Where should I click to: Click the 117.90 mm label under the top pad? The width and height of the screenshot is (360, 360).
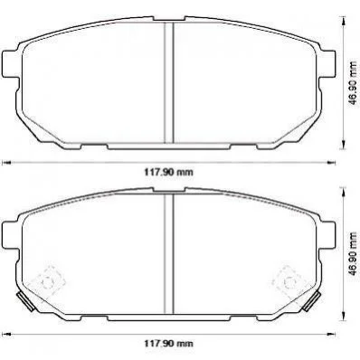[x=168, y=172]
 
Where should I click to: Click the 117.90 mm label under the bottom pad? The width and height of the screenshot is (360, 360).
[x=168, y=343]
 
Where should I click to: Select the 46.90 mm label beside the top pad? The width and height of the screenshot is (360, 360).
[x=352, y=83]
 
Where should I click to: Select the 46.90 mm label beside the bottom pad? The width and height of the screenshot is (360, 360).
[x=352, y=253]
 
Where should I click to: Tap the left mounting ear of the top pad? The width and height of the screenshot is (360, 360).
[x=10, y=63]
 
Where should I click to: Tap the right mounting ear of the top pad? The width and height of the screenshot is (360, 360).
[x=327, y=63]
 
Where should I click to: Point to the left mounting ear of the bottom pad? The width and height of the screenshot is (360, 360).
[x=10, y=234]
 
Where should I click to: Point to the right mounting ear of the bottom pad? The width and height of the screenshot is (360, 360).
[x=327, y=234]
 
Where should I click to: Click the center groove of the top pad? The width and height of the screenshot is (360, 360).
[x=169, y=82]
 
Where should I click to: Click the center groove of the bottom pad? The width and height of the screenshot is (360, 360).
[x=169, y=254]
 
